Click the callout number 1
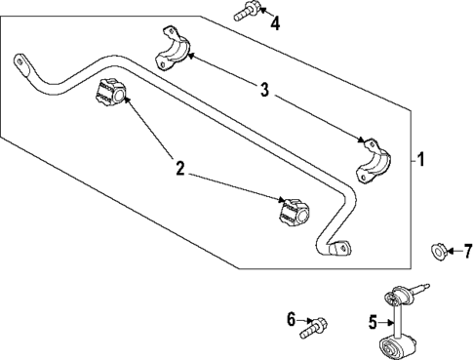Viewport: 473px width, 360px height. click(x=420, y=157)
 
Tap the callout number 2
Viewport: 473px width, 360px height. click(x=179, y=169)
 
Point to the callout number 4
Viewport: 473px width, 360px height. click(x=275, y=22)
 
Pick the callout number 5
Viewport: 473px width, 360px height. click(x=372, y=322)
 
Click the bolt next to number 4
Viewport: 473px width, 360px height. click(x=244, y=13)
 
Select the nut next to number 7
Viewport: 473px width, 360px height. click(x=439, y=252)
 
